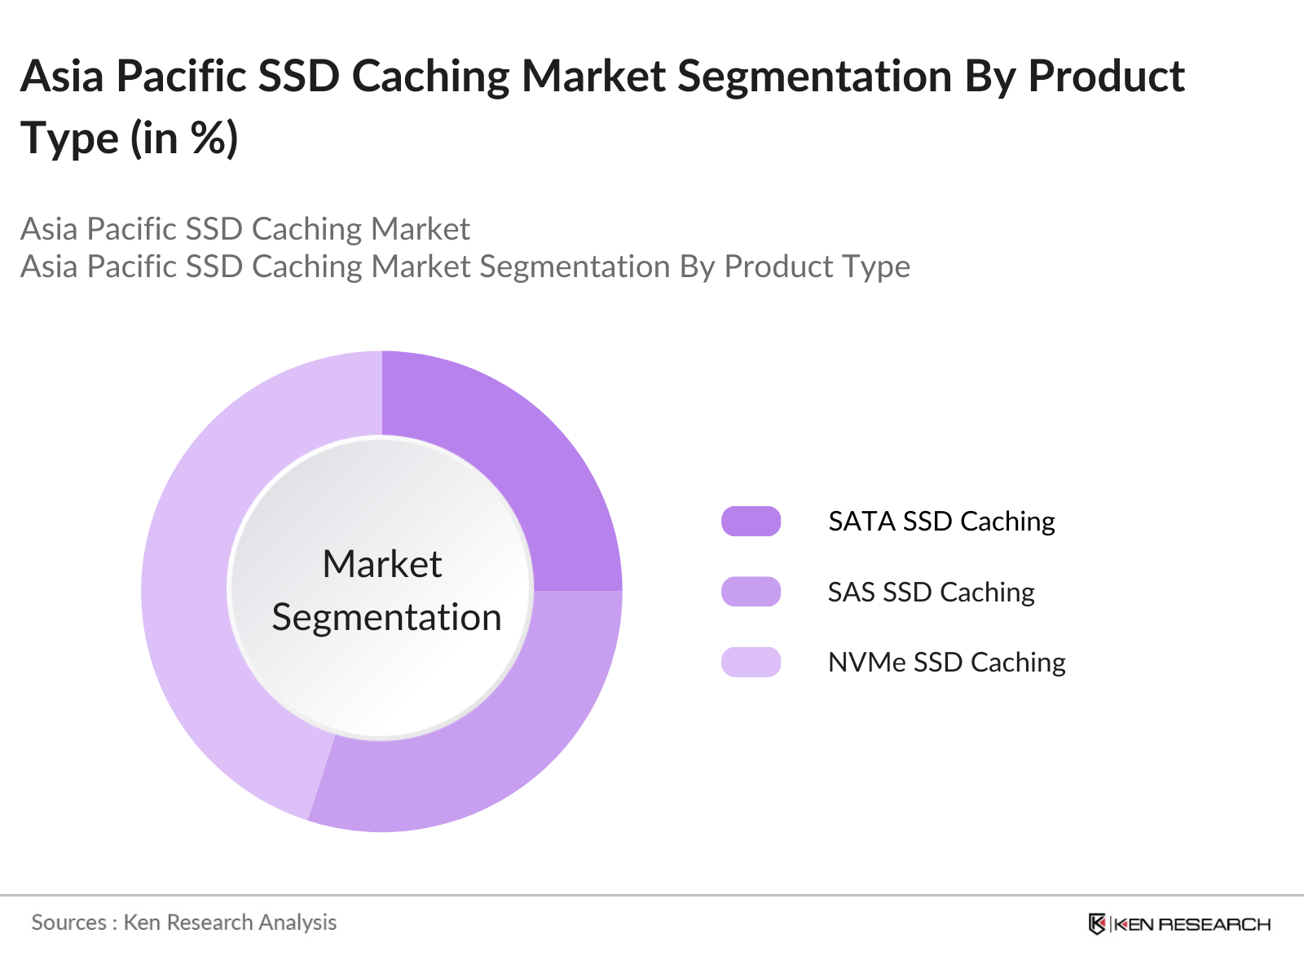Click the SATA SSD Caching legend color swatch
[751, 522]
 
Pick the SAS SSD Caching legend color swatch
[751, 592]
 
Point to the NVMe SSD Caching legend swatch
[751, 662]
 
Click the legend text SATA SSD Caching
[941, 522]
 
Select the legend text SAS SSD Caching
[931, 593]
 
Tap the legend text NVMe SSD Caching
[947, 663]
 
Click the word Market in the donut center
[382, 563]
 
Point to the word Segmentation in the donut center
[387, 618]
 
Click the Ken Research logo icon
[1097, 924]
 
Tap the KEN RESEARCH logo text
[1192, 924]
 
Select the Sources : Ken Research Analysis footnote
[184, 923]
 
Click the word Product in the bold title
[1106, 77]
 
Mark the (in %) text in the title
[184, 139]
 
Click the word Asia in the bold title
[63, 77]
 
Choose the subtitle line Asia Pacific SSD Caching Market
[245, 229]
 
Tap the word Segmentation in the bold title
[815, 78]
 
